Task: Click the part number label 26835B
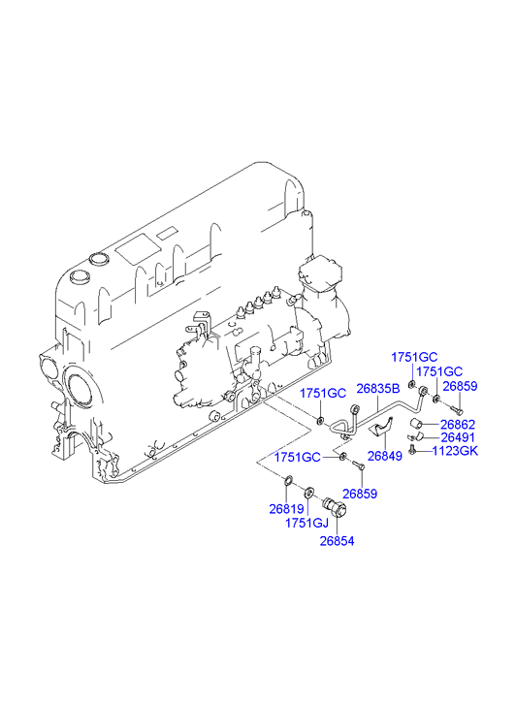[x=378, y=389]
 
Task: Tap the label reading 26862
[x=458, y=425]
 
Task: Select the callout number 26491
[x=458, y=437]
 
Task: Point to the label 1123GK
[x=455, y=451]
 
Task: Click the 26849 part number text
[x=385, y=456]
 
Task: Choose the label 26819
[x=286, y=509]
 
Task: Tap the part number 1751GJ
[x=306, y=523]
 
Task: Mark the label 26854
[x=337, y=541]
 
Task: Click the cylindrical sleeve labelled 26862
[x=415, y=424]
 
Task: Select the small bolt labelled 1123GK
[x=411, y=449]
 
